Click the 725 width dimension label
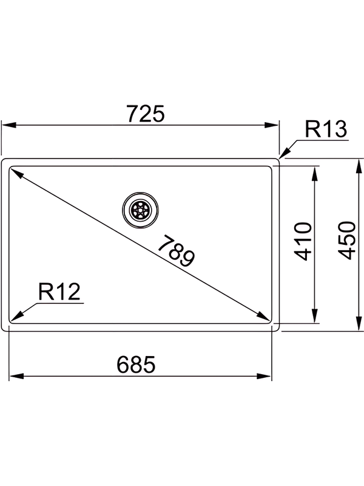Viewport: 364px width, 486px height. [x=144, y=114]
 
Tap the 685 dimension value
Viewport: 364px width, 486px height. [x=136, y=364]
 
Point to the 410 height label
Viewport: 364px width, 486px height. [x=303, y=241]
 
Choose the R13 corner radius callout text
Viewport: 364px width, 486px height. [x=325, y=129]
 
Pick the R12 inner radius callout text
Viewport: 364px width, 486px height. [x=59, y=292]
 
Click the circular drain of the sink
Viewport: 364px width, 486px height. [x=141, y=209]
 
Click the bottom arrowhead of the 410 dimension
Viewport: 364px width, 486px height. [x=314, y=316]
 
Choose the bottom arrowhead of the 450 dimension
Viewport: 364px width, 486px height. [x=356, y=324]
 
